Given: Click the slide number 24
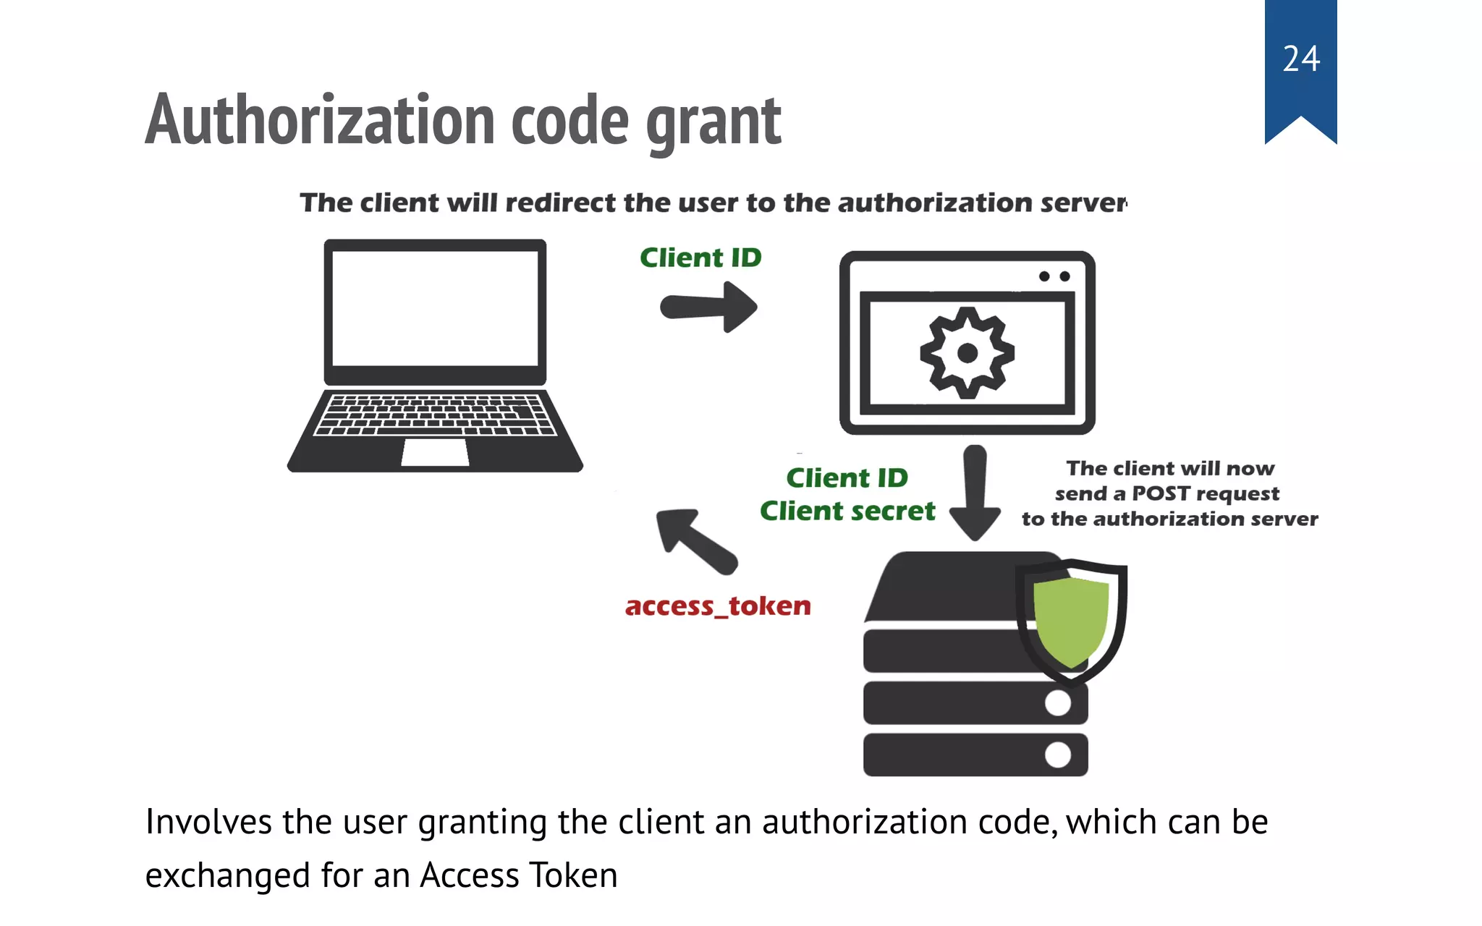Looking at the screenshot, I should click(x=1301, y=59).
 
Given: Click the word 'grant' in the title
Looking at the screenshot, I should click(x=714, y=122).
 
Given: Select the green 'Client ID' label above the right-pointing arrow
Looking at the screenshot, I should click(x=700, y=258).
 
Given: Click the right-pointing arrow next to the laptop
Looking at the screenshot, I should click(x=709, y=307).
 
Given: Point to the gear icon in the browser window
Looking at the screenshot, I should click(x=967, y=353).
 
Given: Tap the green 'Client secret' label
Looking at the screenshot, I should click(x=847, y=511).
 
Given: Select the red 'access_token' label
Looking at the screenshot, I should click(x=718, y=606).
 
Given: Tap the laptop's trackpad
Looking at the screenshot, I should click(x=435, y=453).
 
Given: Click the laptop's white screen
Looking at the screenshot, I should click(x=435, y=308).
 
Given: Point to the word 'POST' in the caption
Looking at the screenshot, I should click(x=1161, y=493).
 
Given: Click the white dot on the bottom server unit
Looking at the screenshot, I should click(x=1058, y=755).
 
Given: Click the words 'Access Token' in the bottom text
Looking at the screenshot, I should click(x=519, y=875).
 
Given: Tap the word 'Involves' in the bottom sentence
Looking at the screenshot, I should click(x=208, y=822).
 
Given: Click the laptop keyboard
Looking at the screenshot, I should click(x=435, y=415).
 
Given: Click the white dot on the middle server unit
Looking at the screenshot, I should click(x=1058, y=702).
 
